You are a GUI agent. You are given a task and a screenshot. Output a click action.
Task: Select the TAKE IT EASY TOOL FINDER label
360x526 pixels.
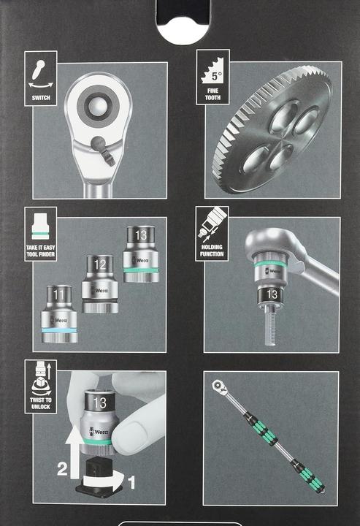[41, 251]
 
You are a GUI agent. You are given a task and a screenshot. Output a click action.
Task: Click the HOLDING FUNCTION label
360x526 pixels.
[212, 251]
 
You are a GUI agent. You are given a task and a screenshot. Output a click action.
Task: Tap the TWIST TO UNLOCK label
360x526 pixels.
[40, 403]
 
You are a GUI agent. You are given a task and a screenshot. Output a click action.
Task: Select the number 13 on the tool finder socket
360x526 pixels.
[140, 235]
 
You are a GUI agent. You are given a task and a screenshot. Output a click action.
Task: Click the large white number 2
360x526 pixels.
[62, 470]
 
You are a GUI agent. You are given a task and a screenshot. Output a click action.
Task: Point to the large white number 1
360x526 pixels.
[132, 482]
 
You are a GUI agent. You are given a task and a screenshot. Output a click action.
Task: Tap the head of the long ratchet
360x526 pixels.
[218, 384]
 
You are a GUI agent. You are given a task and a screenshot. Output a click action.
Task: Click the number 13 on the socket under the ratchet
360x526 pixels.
[271, 294]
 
